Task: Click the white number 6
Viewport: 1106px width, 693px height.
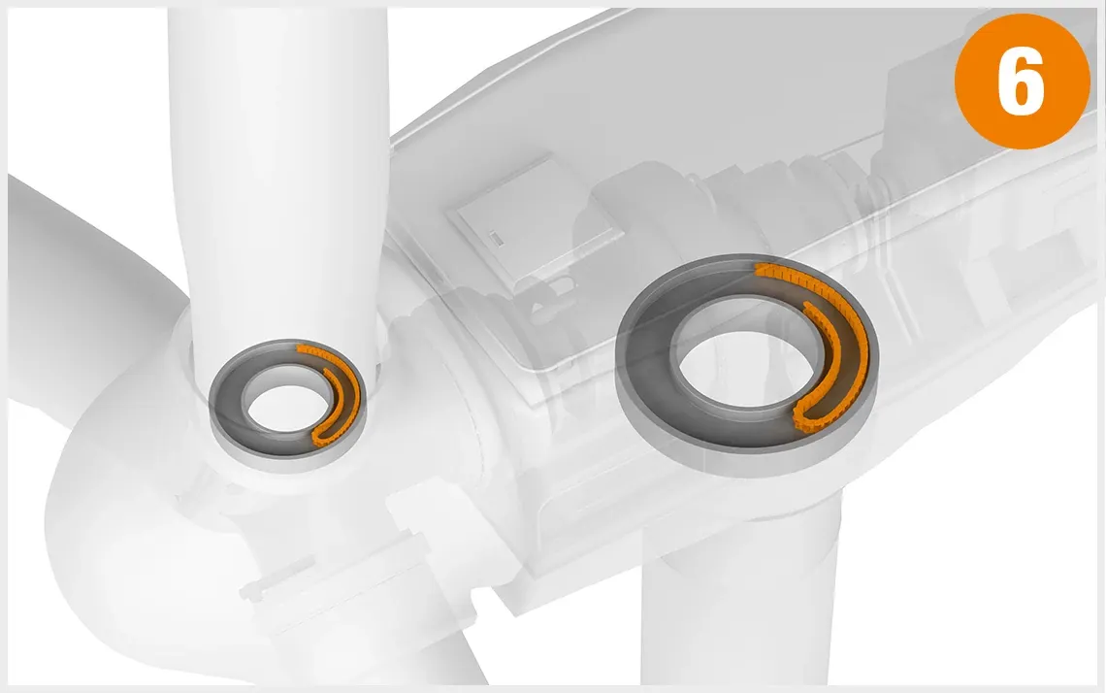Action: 1022,82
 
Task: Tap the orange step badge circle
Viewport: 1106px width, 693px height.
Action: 1022,82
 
